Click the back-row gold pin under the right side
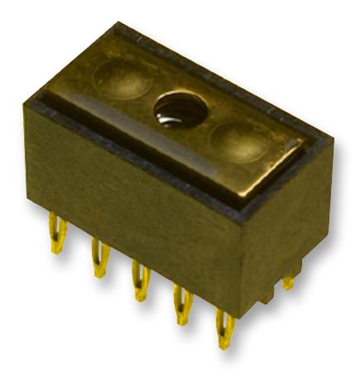pyautogui.click(x=287, y=281)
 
